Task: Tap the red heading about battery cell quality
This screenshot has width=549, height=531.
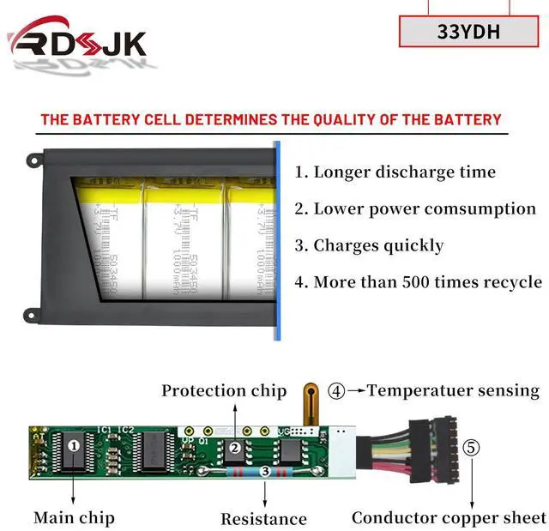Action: click(x=270, y=120)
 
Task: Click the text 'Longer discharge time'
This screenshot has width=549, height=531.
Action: click(x=395, y=172)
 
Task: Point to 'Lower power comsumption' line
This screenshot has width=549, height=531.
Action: click(x=415, y=208)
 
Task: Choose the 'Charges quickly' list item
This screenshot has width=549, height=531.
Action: click(x=369, y=245)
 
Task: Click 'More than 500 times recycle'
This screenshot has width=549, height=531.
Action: click(x=418, y=281)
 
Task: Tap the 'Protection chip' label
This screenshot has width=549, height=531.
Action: click(x=224, y=391)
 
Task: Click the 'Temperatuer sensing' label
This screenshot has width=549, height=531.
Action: click(x=453, y=390)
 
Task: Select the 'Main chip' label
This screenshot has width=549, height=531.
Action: click(x=74, y=517)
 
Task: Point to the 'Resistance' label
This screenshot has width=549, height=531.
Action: click(x=263, y=518)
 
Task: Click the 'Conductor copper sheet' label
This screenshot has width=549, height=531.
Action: click(x=449, y=517)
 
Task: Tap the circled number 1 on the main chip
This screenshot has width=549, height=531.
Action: click(x=74, y=445)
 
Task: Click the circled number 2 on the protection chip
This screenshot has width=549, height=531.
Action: click(x=234, y=447)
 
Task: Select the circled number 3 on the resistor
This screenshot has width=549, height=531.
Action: click(x=265, y=471)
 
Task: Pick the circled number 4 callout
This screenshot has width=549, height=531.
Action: click(x=337, y=391)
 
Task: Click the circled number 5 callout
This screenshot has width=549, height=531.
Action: click(x=471, y=447)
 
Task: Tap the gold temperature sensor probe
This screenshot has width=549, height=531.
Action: click(x=307, y=403)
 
